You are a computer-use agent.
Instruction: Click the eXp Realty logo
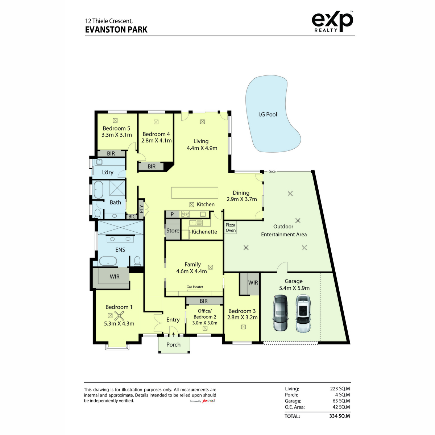pyautogui.click(x=332, y=22)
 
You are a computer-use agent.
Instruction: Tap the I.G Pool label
pyautogui.click(x=268, y=115)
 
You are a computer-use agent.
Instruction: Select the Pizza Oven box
pyautogui.click(x=231, y=228)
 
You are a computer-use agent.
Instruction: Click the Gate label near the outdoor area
pyautogui.click(x=272, y=171)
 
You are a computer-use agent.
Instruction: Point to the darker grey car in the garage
pyautogui.click(x=280, y=313)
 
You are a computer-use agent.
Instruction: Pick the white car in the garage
pyautogui.click(x=303, y=313)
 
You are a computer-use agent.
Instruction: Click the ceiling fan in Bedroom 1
pyautogui.click(x=119, y=316)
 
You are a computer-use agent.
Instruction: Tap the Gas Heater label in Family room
pyautogui.click(x=195, y=287)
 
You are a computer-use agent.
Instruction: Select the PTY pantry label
pyautogui.click(x=141, y=209)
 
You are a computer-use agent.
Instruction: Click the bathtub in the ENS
pyautogui.click(x=108, y=261)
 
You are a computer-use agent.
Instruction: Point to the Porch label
pyautogui.click(x=173, y=344)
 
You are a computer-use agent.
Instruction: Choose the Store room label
pyautogui.click(x=173, y=231)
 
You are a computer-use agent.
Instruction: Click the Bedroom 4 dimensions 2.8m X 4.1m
pyautogui.click(x=157, y=140)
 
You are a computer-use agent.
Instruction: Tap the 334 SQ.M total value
pyautogui.click(x=340, y=416)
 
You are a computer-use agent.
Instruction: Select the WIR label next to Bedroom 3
pyautogui.click(x=253, y=282)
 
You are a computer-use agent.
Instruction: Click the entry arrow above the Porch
pyautogui.click(x=173, y=335)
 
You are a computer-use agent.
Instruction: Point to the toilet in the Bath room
pyautogui.click(x=98, y=213)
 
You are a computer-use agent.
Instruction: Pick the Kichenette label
pyautogui.click(x=204, y=232)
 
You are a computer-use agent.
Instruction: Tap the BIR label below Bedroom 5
pyautogui.click(x=111, y=153)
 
